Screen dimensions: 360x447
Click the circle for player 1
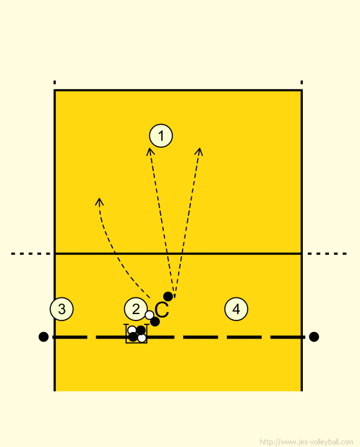coord(161,136)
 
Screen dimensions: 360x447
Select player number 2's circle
coord(136,309)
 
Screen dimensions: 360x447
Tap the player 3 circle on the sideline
coord(62,309)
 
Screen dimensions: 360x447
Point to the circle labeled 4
coord(236,309)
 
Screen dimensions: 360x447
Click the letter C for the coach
coord(162,310)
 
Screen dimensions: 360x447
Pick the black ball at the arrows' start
coord(168,297)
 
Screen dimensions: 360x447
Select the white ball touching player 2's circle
coord(150,315)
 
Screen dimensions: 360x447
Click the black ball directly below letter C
coord(155,322)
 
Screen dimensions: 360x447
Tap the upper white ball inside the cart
coord(132,330)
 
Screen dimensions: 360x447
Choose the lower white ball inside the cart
coord(142,338)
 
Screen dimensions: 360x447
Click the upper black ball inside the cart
coord(141,330)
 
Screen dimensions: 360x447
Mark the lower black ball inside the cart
coord(133,337)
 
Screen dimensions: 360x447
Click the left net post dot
coord(43,337)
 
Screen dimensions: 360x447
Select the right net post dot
coord(314,337)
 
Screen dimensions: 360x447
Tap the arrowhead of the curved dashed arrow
coord(99,201)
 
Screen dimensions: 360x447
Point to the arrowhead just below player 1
coord(150,151)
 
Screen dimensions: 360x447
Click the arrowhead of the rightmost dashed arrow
coord(199,151)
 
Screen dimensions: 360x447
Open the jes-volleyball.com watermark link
coord(307,442)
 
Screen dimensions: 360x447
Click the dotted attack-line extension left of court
coord(31,254)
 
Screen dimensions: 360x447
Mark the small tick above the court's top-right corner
coord(301,82)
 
